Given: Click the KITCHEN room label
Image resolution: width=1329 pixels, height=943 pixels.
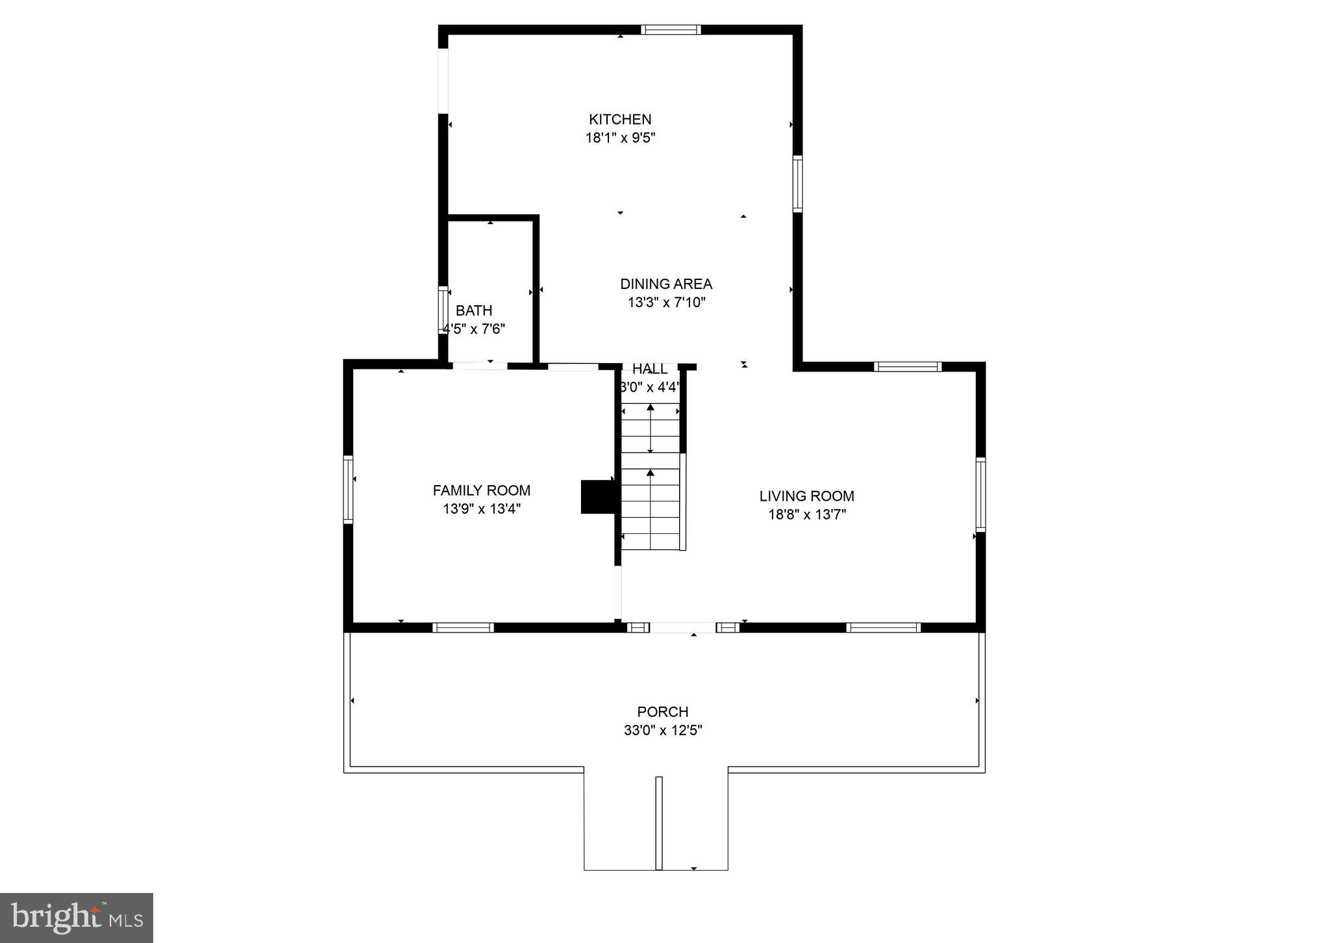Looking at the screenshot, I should point(619,119).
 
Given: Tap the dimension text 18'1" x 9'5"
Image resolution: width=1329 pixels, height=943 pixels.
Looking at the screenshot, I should point(620,138).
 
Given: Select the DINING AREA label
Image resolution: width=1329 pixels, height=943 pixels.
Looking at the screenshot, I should point(665,284).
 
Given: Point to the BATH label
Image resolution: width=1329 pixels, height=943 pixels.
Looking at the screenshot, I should point(473,310).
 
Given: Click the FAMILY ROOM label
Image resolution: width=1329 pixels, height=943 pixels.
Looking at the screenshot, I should point(481,490).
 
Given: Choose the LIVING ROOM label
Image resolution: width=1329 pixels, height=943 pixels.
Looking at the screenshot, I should point(806,496).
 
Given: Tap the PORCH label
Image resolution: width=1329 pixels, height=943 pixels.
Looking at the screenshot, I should point(662,712).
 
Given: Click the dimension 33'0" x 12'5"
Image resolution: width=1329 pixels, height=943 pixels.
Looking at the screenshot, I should point(662,730).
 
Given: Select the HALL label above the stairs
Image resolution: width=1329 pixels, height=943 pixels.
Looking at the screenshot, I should point(649,369).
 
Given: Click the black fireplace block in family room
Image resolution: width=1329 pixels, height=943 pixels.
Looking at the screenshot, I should point(597,497).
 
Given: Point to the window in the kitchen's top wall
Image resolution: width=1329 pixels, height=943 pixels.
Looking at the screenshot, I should point(671,29).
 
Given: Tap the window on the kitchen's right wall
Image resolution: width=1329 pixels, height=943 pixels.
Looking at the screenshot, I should point(797,183).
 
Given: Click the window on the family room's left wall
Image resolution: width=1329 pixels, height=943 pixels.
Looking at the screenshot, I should point(348,489).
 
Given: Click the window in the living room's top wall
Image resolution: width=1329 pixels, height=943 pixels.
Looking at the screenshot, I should point(907,367).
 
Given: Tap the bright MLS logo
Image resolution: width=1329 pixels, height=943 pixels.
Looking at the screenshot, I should point(77,918).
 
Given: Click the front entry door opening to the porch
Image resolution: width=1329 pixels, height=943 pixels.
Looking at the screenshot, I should point(683,627).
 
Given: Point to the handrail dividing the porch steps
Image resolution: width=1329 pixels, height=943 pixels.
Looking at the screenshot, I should point(658,823).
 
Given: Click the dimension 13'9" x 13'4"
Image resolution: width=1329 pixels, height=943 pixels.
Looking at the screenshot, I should point(481,509).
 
